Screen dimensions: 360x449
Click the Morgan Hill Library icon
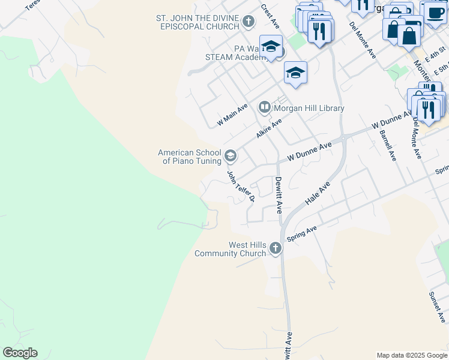265,108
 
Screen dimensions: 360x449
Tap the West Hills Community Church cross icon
276,248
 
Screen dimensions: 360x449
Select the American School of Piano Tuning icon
230,157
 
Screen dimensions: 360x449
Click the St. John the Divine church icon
249,22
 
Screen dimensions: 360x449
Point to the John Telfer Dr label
241,186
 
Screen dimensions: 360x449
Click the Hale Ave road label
318,196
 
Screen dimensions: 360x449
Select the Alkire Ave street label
269,128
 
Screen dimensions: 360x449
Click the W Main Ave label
232,115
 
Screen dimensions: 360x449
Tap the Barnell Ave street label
388,145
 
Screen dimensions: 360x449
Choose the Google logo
20,353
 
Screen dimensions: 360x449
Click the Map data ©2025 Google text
412,355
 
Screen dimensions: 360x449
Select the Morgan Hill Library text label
309,109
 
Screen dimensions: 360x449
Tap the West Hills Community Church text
231,249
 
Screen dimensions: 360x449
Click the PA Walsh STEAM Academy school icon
271,47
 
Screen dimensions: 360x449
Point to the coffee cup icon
434,12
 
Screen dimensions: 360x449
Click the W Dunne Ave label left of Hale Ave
309,151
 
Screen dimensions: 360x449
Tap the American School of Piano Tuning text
189,157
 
